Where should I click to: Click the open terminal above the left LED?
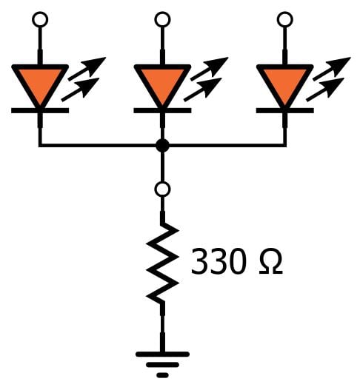40,19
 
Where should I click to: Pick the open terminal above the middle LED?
162,19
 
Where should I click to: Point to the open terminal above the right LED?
284,19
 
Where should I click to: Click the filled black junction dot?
162,145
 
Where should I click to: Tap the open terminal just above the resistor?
162,189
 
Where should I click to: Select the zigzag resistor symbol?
162,263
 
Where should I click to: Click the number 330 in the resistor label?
218,263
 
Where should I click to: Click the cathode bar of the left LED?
40,111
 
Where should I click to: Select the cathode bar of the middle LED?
162,111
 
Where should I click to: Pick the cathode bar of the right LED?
284,111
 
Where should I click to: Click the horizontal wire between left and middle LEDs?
100,145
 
